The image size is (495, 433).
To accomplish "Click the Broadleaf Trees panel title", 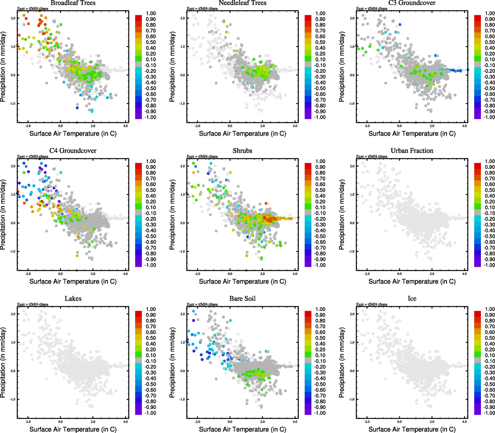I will pyautogui.click(x=73, y=3).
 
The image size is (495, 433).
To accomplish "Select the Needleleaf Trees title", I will pyautogui.click(x=243, y=3).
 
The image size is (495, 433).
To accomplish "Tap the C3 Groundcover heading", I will pyautogui.click(x=412, y=3).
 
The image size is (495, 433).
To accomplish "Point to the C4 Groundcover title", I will pyautogui.click(x=73, y=151).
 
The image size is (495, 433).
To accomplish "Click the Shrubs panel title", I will pyautogui.click(x=243, y=151).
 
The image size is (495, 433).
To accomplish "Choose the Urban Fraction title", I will pyautogui.click(x=412, y=151).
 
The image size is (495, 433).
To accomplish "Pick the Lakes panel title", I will pyautogui.click(x=73, y=299).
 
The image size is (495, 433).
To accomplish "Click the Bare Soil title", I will pyautogui.click(x=243, y=299).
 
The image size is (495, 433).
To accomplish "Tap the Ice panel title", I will pyautogui.click(x=412, y=299).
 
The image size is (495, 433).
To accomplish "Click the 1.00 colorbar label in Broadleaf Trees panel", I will pyautogui.click(x=151, y=13).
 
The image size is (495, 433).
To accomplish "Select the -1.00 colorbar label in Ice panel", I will pyautogui.click(x=489, y=413).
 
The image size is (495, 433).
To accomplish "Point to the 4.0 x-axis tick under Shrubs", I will pyautogui.click(x=295, y=274).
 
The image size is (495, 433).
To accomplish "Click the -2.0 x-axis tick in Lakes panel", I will pyautogui.click(x=28, y=422).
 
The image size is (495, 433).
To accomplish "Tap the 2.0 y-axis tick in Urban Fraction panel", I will pyautogui.click(x=352, y=166).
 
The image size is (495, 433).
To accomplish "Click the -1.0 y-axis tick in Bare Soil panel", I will pyautogui.click(x=182, y=399).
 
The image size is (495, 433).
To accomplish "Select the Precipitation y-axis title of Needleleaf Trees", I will pyautogui.click(x=172, y=67).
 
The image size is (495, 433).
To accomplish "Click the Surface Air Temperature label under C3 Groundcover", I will pyautogui.click(x=412, y=134).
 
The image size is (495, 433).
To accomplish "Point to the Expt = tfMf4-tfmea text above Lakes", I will pyautogui.click(x=33, y=305).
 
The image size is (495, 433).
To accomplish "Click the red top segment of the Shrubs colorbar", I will pyautogui.click(x=308, y=165).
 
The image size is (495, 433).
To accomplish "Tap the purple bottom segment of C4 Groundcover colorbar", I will pyautogui.click(x=138, y=264).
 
